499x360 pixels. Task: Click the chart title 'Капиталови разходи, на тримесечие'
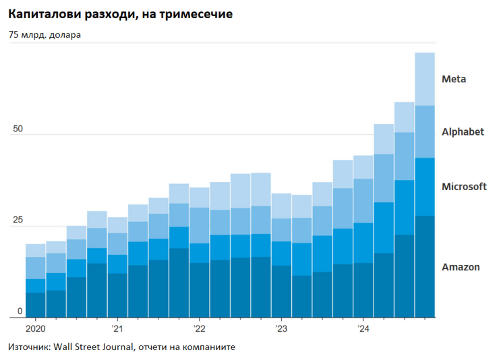(x=121, y=13)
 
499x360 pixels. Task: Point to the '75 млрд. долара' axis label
(x=45, y=35)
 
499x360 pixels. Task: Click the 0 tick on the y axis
(x=20, y=311)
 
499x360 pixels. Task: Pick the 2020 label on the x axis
(x=35, y=329)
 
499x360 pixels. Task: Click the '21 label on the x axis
(x=117, y=329)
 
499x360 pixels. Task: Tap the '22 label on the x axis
(x=199, y=329)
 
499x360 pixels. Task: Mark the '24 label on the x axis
(x=363, y=329)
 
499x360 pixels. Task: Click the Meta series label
(x=453, y=79)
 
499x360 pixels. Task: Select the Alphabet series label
(x=463, y=132)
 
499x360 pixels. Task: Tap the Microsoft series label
(x=464, y=186)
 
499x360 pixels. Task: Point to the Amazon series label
(x=461, y=267)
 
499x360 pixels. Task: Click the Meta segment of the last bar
(x=425, y=79)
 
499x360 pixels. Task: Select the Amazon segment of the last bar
(x=425, y=266)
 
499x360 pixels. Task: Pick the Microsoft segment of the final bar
(x=425, y=187)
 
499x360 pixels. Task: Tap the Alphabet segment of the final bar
(x=425, y=131)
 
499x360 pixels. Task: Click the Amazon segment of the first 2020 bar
(x=35, y=305)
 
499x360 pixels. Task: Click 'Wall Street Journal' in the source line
(x=92, y=347)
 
